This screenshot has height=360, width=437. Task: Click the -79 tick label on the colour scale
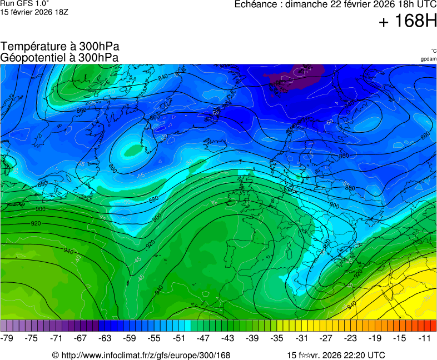8,338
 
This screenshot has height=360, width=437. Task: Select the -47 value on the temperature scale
203,338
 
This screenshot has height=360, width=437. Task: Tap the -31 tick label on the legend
301,338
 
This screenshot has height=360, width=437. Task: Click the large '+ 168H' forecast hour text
408,22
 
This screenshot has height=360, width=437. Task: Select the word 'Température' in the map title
33,47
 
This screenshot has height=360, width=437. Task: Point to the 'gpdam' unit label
428,58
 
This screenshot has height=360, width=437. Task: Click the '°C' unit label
433,51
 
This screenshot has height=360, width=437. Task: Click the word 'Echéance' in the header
256,4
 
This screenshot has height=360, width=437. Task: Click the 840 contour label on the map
163,78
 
